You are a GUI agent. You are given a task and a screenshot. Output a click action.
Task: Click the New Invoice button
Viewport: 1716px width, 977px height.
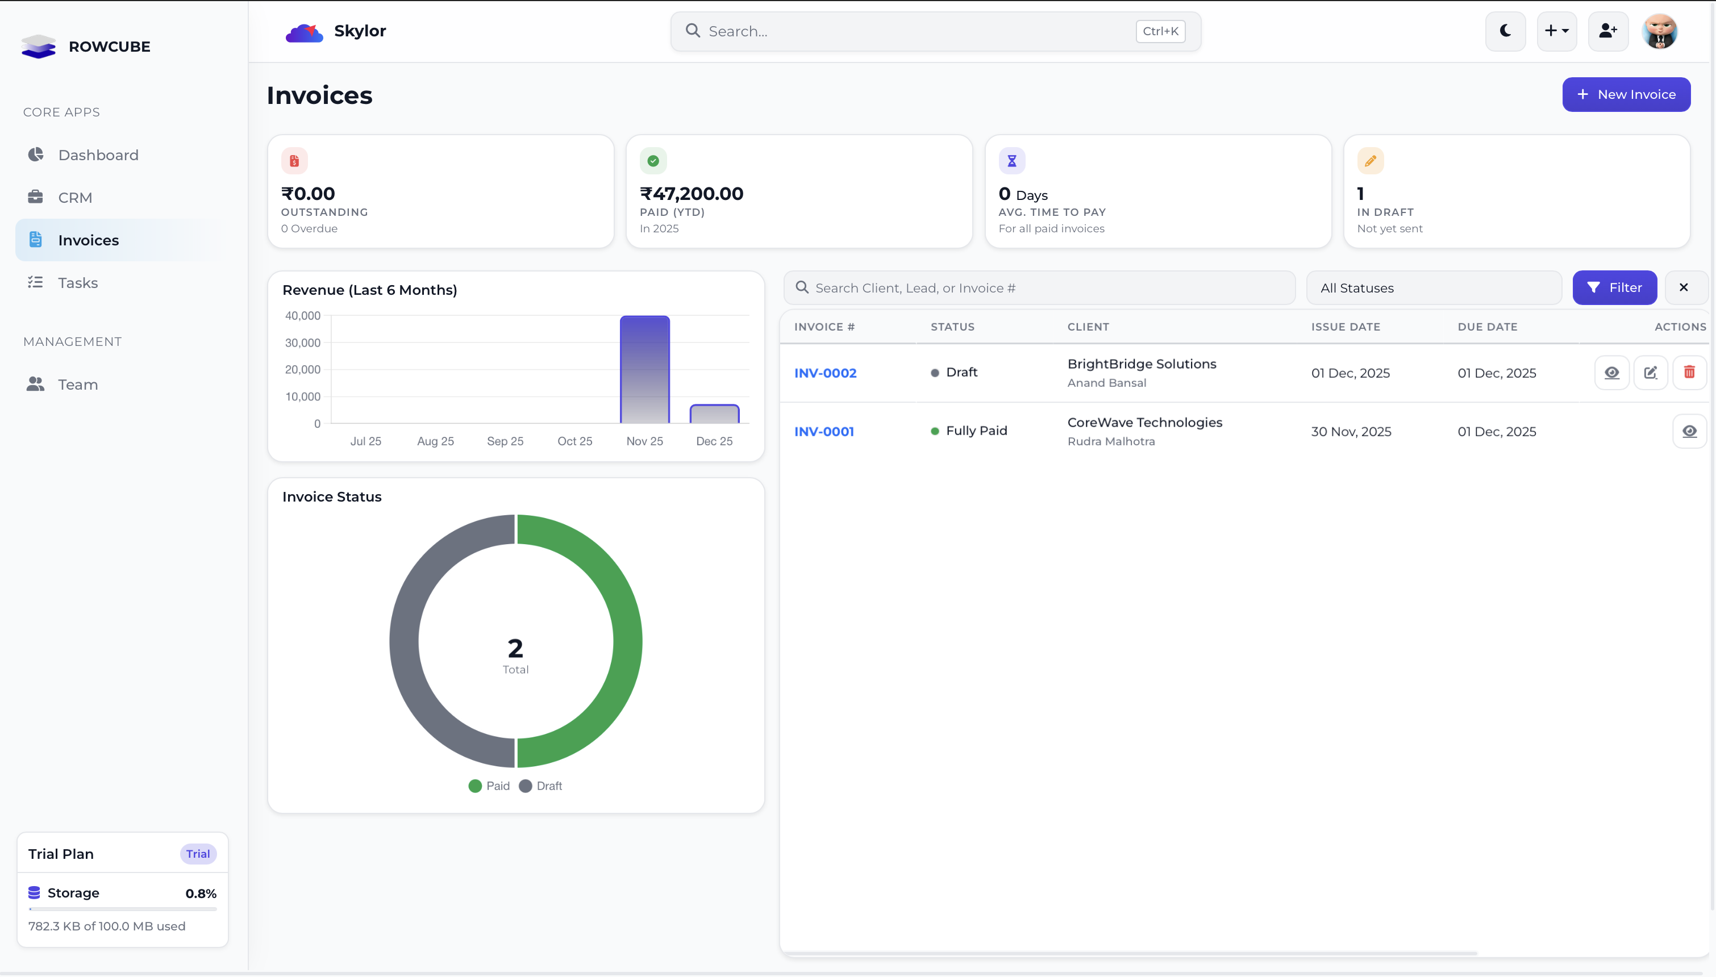pyautogui.click(x=1626, y=95)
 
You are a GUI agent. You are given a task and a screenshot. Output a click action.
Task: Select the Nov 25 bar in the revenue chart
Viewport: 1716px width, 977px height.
pyautogui.click(x=644, y=369)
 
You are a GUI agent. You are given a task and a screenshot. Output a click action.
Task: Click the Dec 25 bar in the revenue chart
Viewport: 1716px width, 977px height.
pyautogui.click(x=714, y=414)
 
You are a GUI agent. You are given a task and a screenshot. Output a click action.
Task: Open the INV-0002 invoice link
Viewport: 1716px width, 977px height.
pyautogui.click(x=825, y=373)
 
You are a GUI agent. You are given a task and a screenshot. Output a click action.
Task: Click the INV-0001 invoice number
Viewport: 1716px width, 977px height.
pyautogui.click(x=823, y=432)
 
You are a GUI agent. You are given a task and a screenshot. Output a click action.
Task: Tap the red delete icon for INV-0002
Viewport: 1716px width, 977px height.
pyautogui.click(x=1689, y=373)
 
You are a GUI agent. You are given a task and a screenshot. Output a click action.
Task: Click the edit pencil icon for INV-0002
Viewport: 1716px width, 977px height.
pyautogui.click(x=1650, y=373)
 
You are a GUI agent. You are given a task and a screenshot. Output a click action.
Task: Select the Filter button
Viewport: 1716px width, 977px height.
pyautogui.click(x=1614, y=288)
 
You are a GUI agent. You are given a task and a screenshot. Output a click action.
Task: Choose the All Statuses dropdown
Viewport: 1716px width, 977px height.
pyautogui.click(x=1433, y=288)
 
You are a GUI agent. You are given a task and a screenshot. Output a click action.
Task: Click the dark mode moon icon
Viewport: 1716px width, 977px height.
pyautogui.click(x=1505, y=31)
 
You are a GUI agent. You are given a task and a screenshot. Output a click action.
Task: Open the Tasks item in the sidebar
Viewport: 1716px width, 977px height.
pyautogui.click(x=78, y=282)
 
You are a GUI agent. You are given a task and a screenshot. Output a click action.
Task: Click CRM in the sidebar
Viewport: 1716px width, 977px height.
pyautogui.click(x=75, y=197)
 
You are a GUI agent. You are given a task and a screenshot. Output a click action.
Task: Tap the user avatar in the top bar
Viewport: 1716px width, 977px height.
pyautogui.click(x=1659, y=31)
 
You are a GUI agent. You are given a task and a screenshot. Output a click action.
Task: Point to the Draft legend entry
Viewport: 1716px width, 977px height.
pyautogui.click(x=541, y=786)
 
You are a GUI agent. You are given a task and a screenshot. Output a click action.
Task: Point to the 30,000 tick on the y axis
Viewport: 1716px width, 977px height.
pyautogui.click(x=303, y=343)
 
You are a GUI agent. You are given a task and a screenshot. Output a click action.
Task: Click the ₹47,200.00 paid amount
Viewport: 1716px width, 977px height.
pyautogui.click(x=692, y=194)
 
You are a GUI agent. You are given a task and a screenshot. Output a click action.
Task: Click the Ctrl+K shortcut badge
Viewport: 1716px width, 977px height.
pyautogui.click(x=1160, y=31)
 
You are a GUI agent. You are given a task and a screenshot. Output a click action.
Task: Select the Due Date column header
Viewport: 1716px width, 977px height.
pyautogui.click(x=1486, y=327)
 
